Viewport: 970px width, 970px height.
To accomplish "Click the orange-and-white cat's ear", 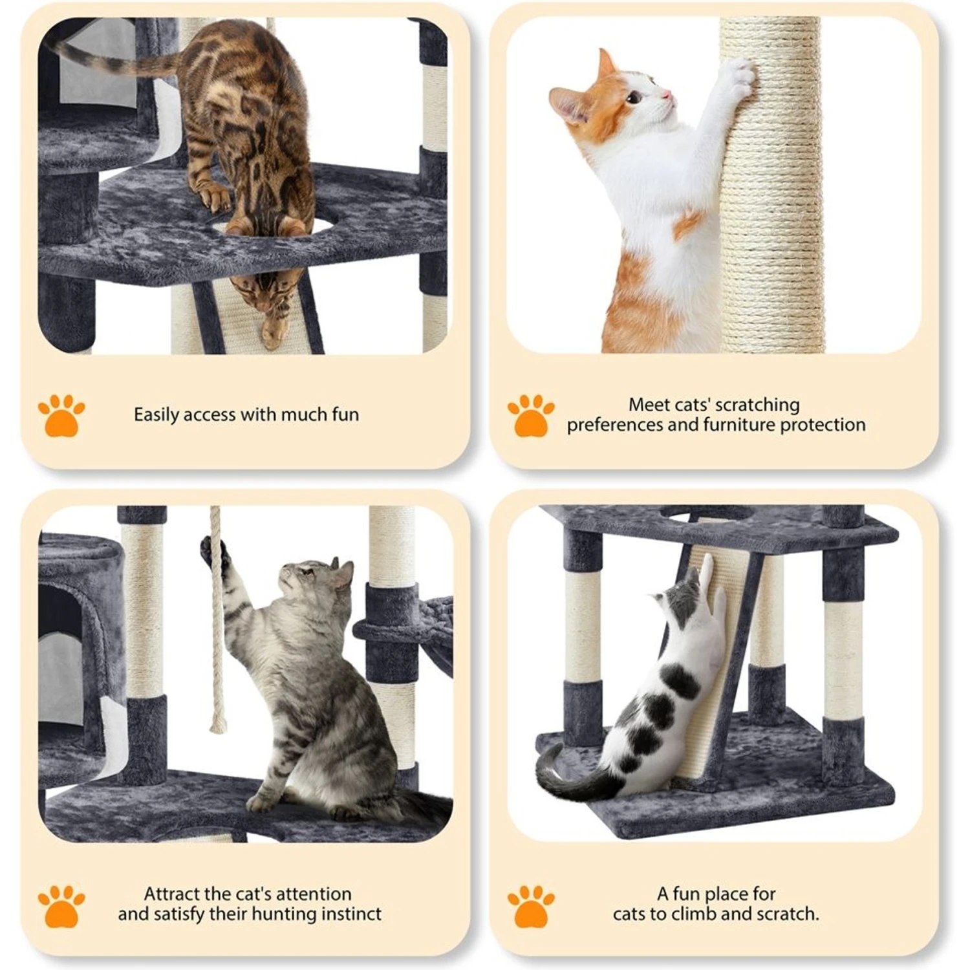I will pos(606,65).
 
